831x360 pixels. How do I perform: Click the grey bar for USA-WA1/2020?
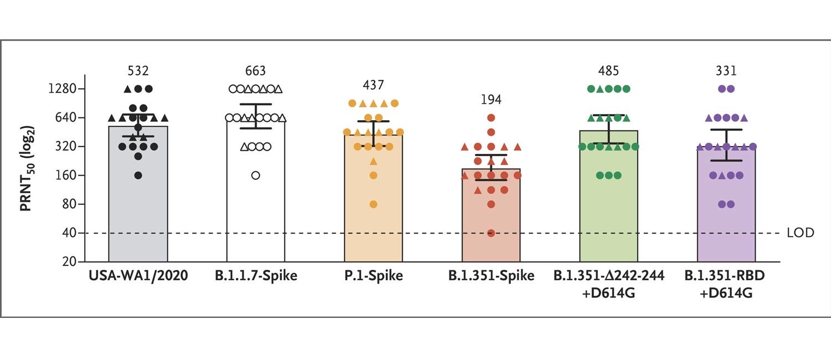tap(138, 222)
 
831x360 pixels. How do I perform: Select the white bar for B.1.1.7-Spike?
tap(255, 222)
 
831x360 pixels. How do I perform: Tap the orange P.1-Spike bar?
tap(373, 222)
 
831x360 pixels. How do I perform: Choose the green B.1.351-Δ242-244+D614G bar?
tap(608, 222)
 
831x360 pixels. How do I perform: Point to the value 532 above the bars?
tap(138, 71)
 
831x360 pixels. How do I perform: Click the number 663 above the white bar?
tap(255, 71)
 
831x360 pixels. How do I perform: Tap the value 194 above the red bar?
tap(491, 100)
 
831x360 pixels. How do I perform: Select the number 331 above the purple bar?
tap(726, 71)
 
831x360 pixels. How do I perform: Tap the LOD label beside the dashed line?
tap(801, 233)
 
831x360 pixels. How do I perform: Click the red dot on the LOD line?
tap(491, 233)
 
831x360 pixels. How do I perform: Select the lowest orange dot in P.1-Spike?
tap(373, 204)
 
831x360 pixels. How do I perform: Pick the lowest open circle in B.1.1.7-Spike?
tap(255, 176)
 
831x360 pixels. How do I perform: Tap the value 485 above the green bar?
tap(608, 71)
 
